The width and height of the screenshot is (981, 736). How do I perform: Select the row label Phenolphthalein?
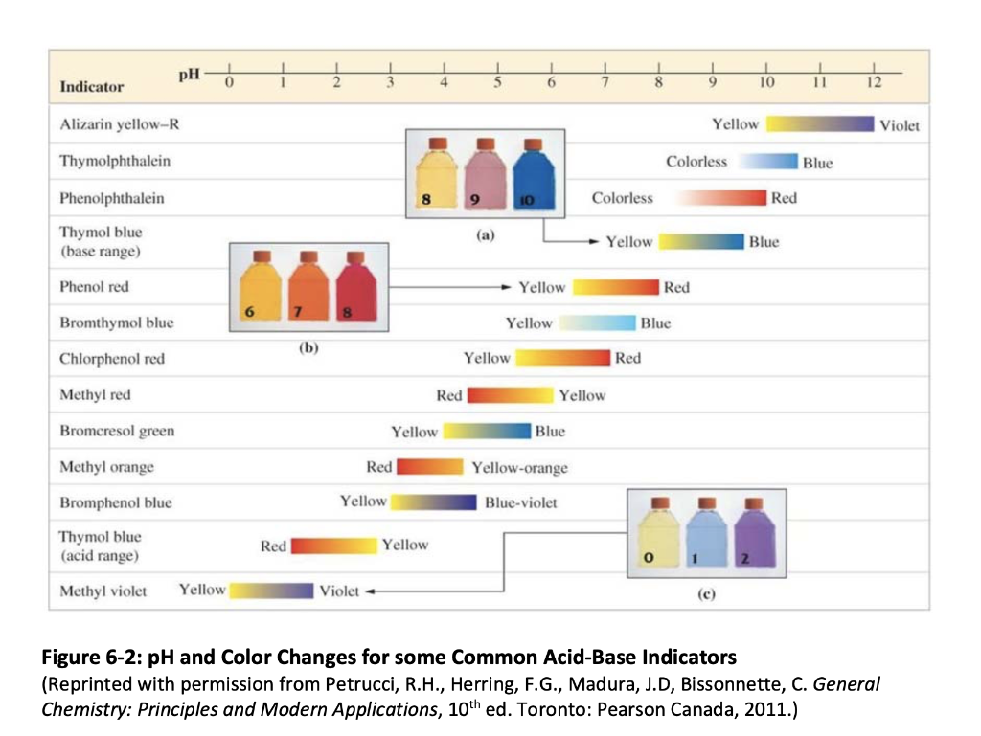click(111, 198)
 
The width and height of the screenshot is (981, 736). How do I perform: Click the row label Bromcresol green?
click(117, 431)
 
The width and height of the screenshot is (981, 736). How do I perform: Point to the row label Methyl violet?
click(103, 591)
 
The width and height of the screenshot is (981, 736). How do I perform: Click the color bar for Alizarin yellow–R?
click(820, 124)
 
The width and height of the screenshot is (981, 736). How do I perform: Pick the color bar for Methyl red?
click(510, 395)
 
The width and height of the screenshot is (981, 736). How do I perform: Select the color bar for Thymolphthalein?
click(765, 162)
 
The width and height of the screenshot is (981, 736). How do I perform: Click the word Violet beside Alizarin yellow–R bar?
click(900, 125)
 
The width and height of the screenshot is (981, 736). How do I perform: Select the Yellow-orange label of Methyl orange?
click(520, 468)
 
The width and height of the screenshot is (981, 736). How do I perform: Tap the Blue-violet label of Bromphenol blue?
click(521, 502)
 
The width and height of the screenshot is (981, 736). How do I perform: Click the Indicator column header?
click(92, 87)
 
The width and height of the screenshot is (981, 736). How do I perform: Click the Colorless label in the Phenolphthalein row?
click(623, 198)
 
